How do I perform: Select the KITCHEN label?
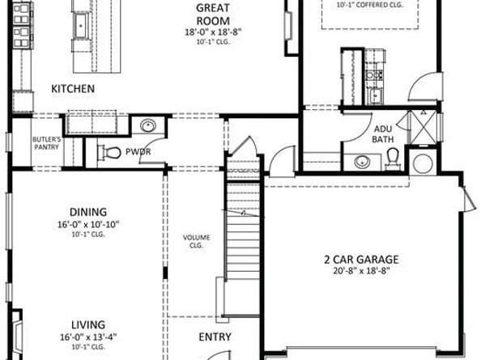click(x=74, y=88)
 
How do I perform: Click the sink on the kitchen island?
click(x=82, y=26)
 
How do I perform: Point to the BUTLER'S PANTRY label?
click(x=47, y=144)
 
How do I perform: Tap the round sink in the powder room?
click(x=148, y=125)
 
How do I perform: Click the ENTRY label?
click(x=215, y=337)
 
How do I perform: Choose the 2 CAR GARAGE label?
click(x=361, y=260)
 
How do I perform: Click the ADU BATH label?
click(x=383, y=134)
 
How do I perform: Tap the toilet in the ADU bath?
click(x=393, y=160)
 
